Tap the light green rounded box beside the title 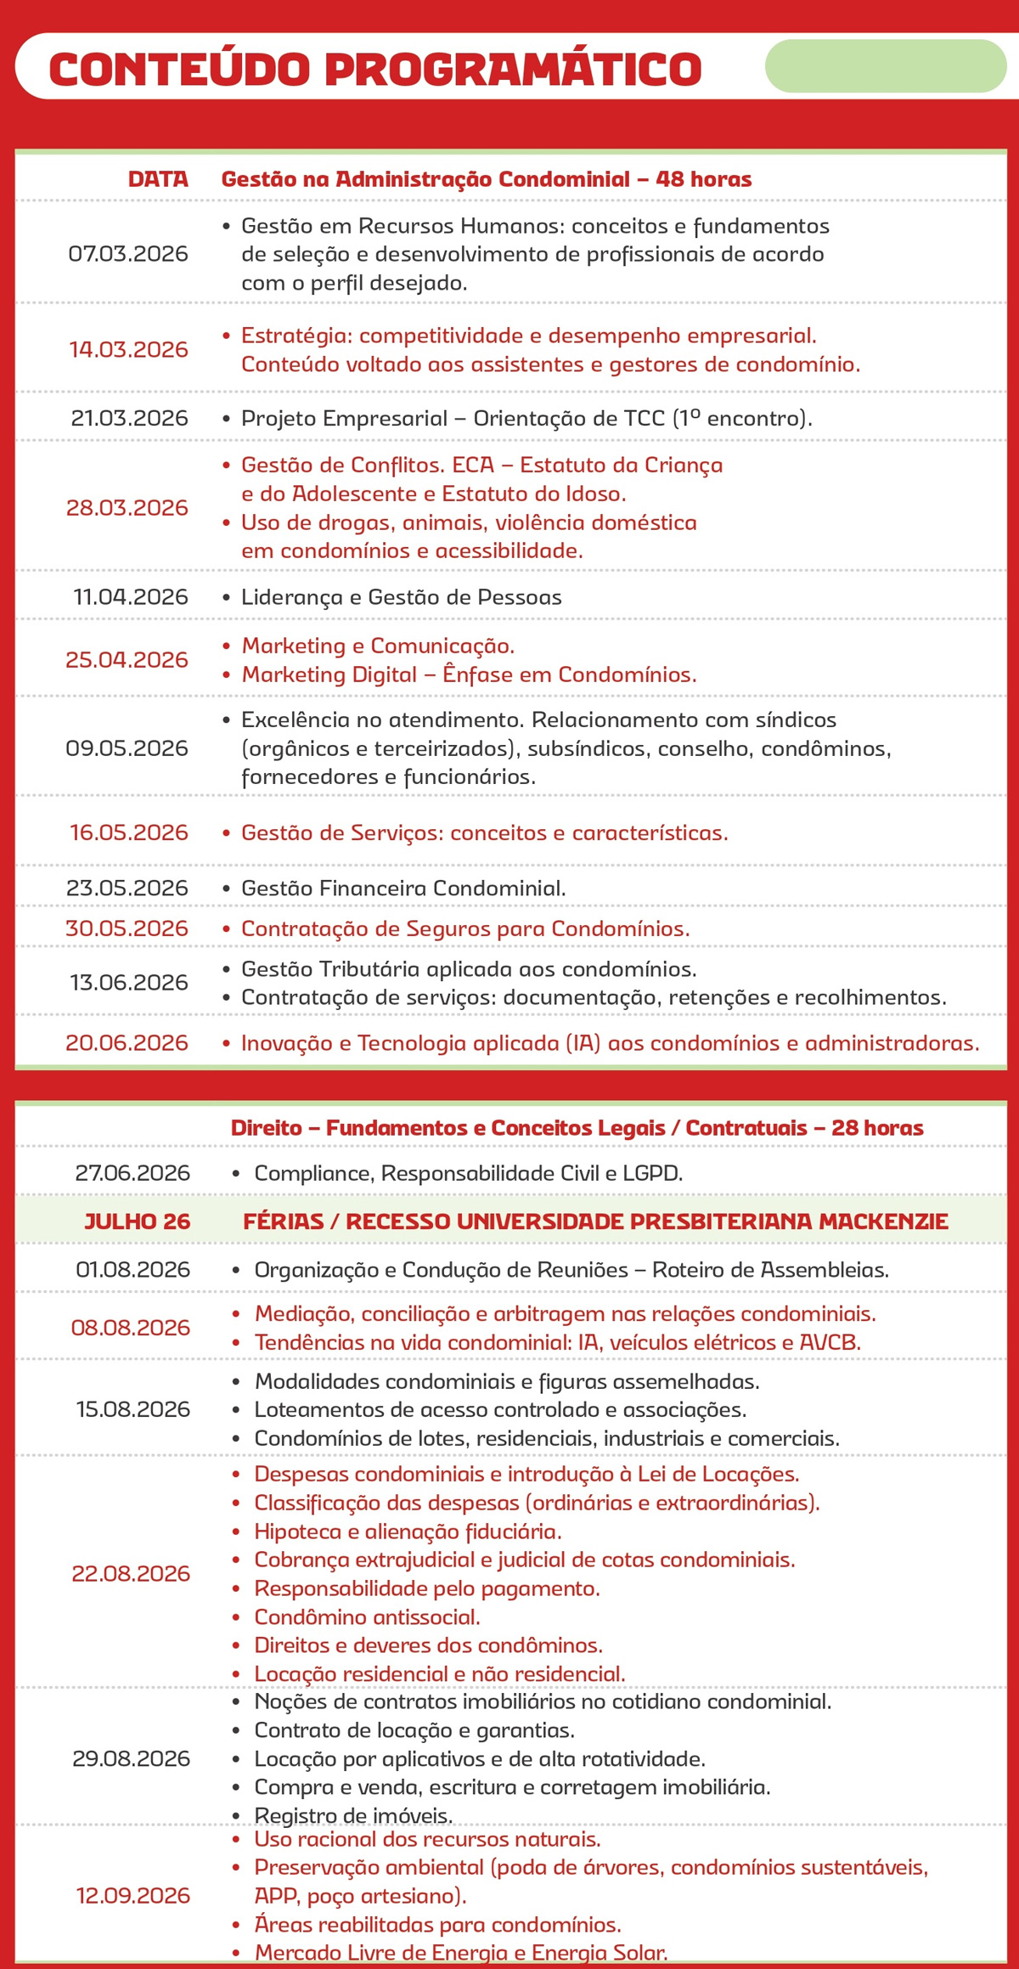pyautogui.click(x=885, y=65)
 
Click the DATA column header pyautogui.click(x=158, y=179)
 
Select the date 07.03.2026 pyautogui.click(x=128, y=254)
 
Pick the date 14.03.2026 pyautogui.click(x=128, y=349)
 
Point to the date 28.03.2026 pyautogui.click(x=127, y=508)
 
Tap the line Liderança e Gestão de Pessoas pyautogui.click(x=401, y=597)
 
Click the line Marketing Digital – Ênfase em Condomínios pyautogui.click(x=469, y=674)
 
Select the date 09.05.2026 pyautogui.click(x=127, y=748)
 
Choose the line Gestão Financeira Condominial pyautogui.click(x=403, y=889)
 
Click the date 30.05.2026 pyautogui.click(x=127, y=928)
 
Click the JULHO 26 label pyautogui.click(x=138, y=1221)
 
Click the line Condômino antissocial pyautogui.click(x=367, y=1617)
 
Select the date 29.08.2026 pyautogui.click(x=132, y=1758)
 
